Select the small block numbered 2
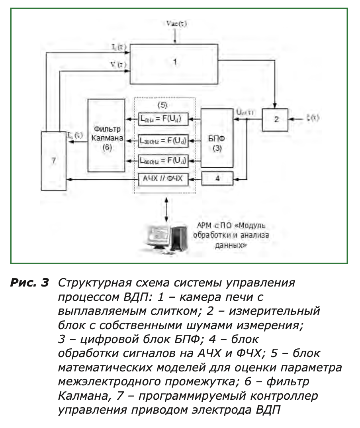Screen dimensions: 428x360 [x=275, y=119]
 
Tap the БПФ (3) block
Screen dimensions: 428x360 [x=217, y=137]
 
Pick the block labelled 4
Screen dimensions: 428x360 [x=217, y=179]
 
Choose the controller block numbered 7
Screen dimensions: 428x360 [x=54, y=161]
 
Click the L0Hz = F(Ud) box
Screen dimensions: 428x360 [x=163, y=118]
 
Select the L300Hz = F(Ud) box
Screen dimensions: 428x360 [x=163, y=140]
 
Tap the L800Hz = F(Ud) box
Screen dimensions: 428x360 [x=163, y=161]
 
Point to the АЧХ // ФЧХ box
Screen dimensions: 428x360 [x=163, y=179]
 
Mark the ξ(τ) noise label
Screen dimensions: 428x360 [x=313, y=118]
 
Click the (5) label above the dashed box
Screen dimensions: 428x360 [x=162, y=105]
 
